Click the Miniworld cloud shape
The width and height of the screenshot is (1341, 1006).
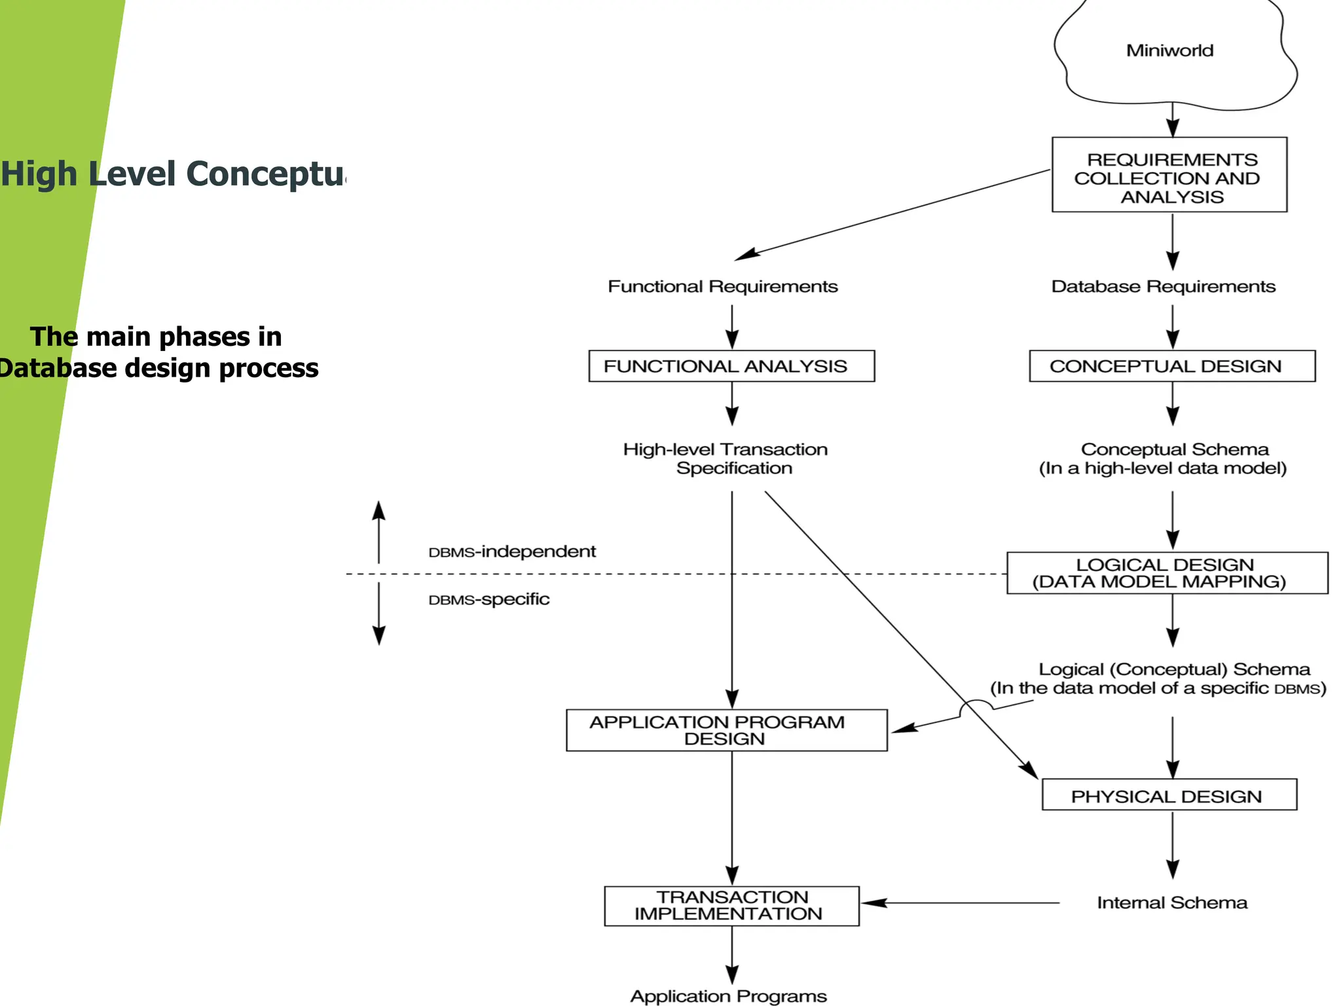(1170, 51)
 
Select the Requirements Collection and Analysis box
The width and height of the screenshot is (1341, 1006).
(1169, 175)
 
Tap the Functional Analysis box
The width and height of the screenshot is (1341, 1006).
(731, 366)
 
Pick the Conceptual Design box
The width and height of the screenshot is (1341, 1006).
(1172, 366)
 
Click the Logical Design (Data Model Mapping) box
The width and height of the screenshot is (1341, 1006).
(1167, 573)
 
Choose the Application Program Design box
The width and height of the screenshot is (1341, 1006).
(726, 730)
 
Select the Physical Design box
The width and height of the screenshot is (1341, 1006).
(1169, 795)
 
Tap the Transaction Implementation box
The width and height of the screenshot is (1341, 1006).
(731, 906)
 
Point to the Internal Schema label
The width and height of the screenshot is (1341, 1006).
(1172, 903)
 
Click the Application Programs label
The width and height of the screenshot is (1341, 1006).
(728, 996)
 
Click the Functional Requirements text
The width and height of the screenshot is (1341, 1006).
(723, 287)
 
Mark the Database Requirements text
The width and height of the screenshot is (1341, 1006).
(1164, 287)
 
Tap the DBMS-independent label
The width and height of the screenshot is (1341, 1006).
(512, 551)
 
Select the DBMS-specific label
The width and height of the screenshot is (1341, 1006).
(489, 599)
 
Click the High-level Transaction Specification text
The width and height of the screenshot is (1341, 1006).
(726, 458)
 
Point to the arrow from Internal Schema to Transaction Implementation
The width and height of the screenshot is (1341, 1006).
(963, 903)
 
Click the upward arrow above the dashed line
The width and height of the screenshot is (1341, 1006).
(378, 531)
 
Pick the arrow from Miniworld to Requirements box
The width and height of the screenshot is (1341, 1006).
(1173, 119)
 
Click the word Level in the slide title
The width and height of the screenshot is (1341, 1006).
(132, 174)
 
